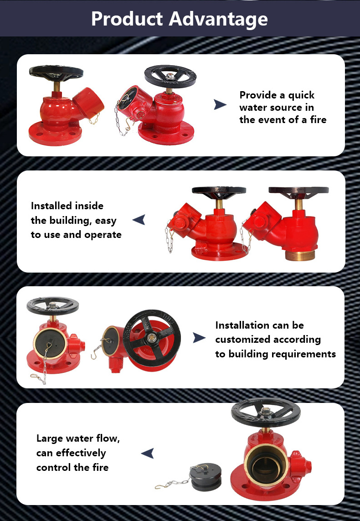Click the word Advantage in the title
[218, 19]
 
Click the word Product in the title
[127, 19]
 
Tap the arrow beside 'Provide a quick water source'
[220, 104]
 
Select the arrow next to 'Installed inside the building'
[139, 220]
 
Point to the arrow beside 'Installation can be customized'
[199, 338]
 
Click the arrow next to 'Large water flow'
[148, 453]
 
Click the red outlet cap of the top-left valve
[87, 103]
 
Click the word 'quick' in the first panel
[301, 96]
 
